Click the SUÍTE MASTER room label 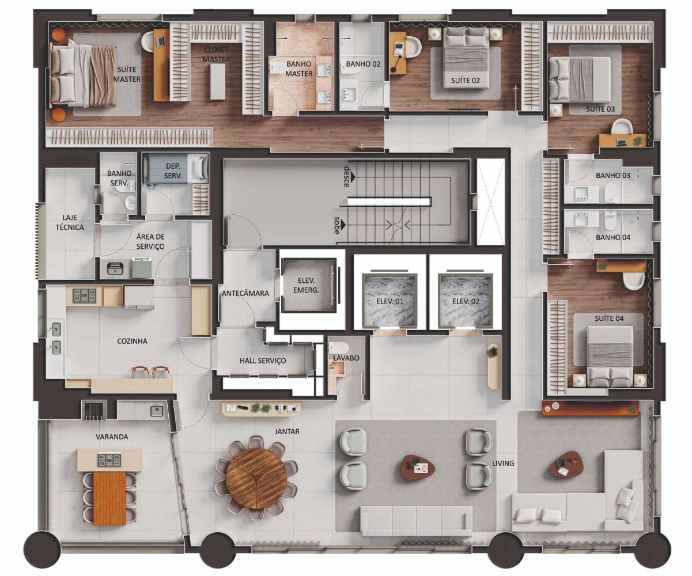[127, 74]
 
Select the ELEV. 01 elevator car [390, 300]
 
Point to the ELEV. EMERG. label [306, 285]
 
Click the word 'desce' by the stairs [347, 177]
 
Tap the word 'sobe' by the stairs [337, 225]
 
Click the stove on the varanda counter [109, 460]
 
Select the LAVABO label [346, 358]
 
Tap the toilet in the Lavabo [339, 348]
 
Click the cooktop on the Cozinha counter [84, 296]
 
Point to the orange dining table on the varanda [109, 498]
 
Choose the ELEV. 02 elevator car [466, 300]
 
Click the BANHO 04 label [613, 237]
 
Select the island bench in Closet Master [217, 81]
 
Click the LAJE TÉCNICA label [70, 222]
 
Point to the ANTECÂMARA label [245, 293]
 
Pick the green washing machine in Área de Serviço [142, 268]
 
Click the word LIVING [503, 463]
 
